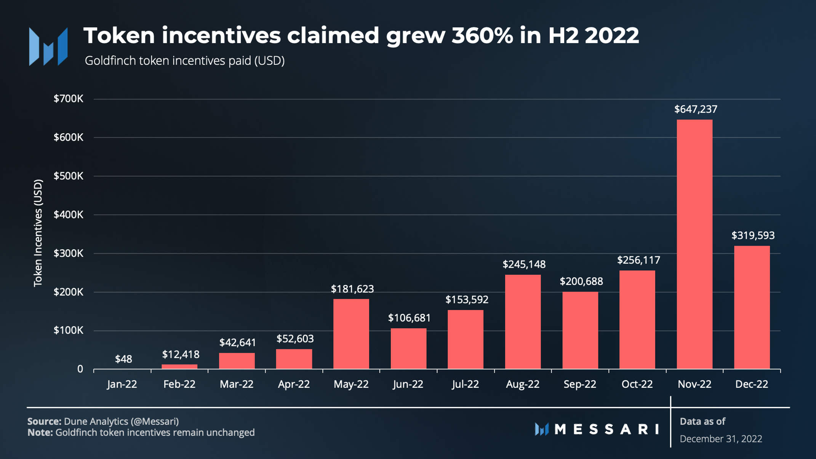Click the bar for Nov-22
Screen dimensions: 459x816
(694, 244)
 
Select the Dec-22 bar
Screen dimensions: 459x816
(752, 307)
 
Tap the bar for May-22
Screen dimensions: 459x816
(351, 334)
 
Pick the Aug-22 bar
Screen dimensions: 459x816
(523, 321)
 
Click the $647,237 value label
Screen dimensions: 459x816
(696, 109)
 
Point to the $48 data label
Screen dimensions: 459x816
(123, 359)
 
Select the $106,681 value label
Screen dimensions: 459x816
(409, 318)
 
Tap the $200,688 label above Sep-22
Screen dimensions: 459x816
(581, 281)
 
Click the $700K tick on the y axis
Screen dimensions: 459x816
(68, 99)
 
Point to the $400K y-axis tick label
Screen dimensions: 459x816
(68, 214)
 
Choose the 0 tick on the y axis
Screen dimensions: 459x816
(80, 369)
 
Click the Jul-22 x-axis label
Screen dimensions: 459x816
(465, 384)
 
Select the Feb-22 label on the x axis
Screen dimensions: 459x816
(179, 384)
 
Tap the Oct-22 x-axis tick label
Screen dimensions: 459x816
(637, 384)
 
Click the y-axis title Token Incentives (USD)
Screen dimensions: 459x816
(38, 233)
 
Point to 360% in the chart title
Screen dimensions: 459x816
(482, 35)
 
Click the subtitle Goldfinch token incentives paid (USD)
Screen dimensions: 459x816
(184, 61)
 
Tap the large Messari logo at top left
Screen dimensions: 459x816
(48, 46)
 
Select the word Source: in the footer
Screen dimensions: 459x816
(44, 421)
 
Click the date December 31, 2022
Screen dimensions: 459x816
(721, 439)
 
